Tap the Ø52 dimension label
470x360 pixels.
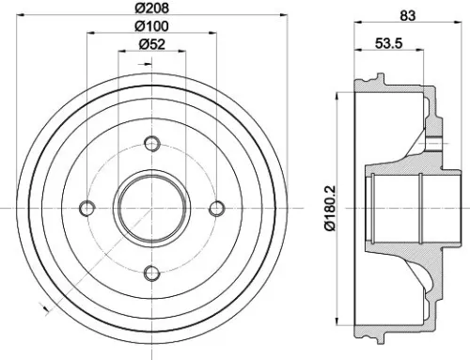pos(150,43)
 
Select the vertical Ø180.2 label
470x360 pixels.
pos(327,208)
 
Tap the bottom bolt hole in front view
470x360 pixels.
pos(151,273)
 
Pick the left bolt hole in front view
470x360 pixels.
pos(86,208)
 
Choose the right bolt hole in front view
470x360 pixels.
pos(216,208)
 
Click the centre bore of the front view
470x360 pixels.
pos(151,208)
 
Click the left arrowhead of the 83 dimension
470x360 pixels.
pos(357,23)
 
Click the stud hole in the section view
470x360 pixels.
pos(434,143)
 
